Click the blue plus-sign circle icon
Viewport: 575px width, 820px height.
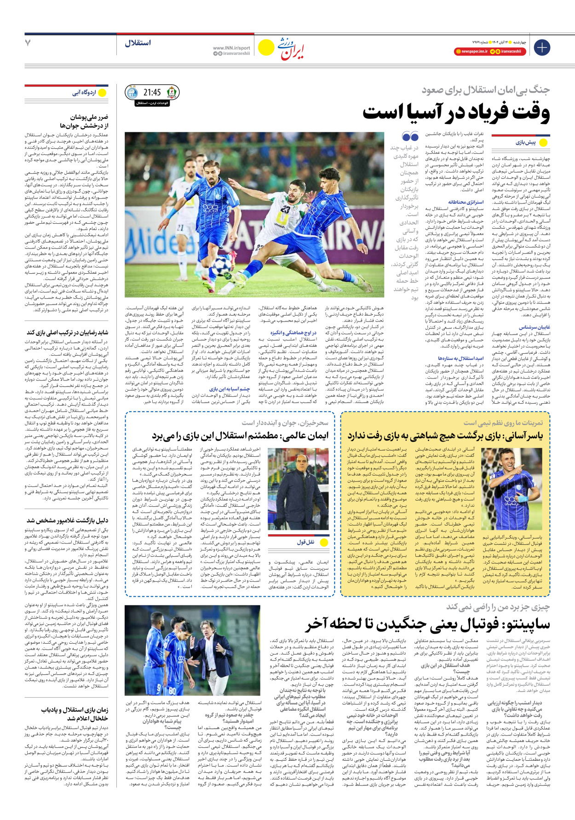[x=542, y=47]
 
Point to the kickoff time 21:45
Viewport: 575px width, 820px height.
[x=152, y=92]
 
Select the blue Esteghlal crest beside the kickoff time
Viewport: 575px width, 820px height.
[x=132, y=92]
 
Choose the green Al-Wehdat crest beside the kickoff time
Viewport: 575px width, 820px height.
[x=172, y=92]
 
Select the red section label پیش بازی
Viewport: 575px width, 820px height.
[x=525, y=142]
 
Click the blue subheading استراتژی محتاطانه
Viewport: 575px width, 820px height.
[x=466, y=202]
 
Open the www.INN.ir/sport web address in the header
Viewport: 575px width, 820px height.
[x=231, y=48]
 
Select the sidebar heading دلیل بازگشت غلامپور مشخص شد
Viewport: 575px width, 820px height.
[x=68, y=520]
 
